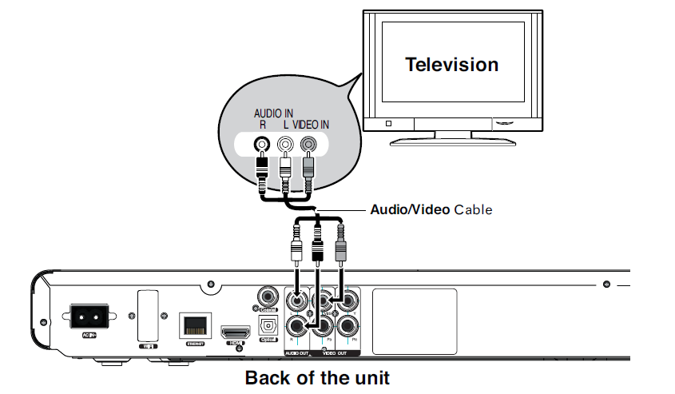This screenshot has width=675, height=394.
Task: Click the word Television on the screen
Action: pos(451,65)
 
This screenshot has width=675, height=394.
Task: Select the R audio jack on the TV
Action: pos(260,145)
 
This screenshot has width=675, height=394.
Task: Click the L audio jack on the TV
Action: pos(284,145)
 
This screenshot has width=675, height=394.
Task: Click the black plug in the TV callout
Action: pos(261,171)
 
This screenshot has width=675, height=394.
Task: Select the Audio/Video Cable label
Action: pos(431,210)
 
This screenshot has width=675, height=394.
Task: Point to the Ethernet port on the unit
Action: pos(193,325)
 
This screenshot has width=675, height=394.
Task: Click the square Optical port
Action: pos(268,326)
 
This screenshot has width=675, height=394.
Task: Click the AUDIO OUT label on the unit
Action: pos(300,352)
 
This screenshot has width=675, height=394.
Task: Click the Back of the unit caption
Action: pos(317,376)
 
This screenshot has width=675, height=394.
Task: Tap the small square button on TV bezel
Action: pos(388,123)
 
